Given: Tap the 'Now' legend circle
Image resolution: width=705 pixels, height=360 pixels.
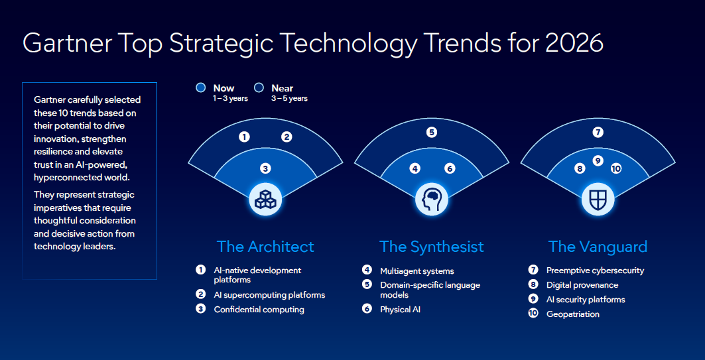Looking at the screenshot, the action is [201, 88].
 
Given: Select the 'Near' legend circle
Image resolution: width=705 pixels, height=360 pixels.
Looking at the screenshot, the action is [259, 88].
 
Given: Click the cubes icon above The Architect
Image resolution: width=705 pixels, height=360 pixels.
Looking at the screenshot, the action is [265, 199].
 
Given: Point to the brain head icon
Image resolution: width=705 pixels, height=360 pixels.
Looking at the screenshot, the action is [432, 199].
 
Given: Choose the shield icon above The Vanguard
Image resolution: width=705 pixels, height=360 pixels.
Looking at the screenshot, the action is [598, 199].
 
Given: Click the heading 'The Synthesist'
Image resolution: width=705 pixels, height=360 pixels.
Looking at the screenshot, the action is [432, 247].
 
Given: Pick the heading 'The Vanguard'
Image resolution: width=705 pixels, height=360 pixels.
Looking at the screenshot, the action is [598, 247].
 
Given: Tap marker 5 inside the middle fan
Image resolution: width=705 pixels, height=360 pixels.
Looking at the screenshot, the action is [432, 132].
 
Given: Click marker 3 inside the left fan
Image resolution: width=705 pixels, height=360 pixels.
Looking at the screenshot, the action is [266, 168].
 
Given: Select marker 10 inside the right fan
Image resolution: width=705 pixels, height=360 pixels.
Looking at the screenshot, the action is [616, 168].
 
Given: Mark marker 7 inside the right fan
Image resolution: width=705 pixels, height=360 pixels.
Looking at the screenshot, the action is [598, 132].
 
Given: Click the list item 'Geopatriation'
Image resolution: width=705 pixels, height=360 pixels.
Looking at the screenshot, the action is [573, 314].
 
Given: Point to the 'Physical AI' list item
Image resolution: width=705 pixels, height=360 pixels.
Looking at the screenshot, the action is [400, 310].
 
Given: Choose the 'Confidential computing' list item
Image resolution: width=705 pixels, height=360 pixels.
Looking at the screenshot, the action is [259, 310].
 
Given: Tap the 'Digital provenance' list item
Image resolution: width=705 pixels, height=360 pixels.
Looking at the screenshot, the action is [582, 285].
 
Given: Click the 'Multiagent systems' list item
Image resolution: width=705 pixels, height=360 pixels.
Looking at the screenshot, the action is [417, 271].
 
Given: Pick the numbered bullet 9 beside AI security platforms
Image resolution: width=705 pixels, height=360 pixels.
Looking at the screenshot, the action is [533, 298].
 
